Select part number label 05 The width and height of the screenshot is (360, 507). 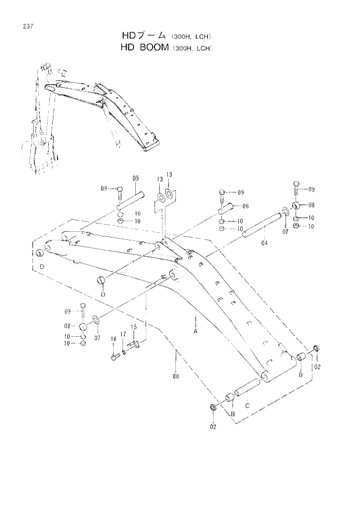point(135,178)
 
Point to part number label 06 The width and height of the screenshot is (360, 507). point(246,206)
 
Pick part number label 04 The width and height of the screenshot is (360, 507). point(264,243)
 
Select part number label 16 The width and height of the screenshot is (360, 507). point(114,339)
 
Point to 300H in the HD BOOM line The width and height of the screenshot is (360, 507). point(179,48)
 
